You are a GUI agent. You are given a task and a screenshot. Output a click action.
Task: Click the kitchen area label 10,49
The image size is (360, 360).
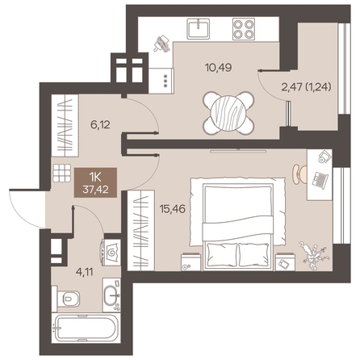point(218,67)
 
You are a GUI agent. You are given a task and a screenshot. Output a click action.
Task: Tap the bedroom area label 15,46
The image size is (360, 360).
point(173,209)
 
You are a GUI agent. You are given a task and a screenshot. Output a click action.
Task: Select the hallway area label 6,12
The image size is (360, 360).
point(99,125)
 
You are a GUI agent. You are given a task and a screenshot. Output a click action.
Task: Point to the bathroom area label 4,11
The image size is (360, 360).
point(84,272)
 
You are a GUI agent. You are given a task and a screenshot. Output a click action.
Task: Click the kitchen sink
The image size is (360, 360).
point(199,28)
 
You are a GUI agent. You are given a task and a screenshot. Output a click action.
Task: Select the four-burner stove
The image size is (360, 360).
point(244,29)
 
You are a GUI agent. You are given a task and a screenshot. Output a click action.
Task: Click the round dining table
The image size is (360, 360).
point(228,113)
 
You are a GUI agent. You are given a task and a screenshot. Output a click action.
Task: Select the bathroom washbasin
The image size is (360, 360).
point(111,295)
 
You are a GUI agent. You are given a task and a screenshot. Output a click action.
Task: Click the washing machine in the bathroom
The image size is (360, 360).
point(111,253)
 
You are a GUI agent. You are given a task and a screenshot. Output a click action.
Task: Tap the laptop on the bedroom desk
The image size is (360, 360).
point(320,180)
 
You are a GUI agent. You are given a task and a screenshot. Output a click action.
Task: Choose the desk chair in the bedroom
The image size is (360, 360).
point(299,174)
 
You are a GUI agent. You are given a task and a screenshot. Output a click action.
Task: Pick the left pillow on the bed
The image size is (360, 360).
point(221,254)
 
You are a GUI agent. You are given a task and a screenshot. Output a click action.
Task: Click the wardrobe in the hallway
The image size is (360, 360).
point(65,125)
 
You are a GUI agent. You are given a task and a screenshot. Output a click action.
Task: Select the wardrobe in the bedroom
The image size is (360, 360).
point(140,230)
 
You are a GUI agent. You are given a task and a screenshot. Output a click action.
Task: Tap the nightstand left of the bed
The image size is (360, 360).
point(191,262)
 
